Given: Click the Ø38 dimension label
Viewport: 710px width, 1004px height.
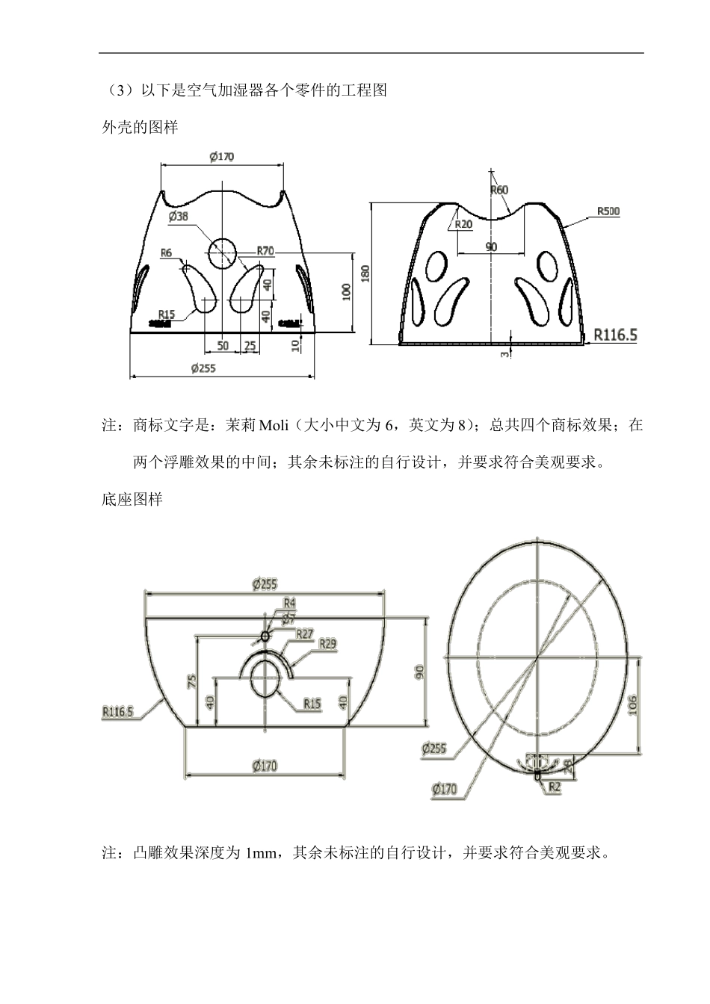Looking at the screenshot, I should [179, 216].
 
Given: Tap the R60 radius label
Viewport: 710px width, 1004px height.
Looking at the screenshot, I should [498, 190].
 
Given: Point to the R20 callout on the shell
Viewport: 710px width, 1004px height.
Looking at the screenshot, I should [463, 224].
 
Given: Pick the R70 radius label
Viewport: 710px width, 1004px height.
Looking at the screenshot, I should [265, 251].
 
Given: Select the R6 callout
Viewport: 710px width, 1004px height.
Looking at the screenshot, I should [167, 253].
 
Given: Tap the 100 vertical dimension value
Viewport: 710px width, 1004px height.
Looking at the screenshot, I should [347, 291].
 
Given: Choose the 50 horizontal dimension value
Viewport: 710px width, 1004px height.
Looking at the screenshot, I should [223, 345].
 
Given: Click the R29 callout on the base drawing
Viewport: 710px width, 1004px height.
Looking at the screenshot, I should [327, 642].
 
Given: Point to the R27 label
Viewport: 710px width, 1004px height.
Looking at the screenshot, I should [304, 633].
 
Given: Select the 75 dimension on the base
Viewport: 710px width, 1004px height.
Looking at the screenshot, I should [191, 680].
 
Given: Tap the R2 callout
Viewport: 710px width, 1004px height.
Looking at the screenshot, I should [554, 786].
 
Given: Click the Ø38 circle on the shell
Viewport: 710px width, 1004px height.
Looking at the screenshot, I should [222, 253].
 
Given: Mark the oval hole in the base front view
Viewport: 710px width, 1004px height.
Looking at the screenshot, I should [266, 680].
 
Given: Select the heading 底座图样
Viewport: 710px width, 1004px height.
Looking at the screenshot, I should [132, 500].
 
